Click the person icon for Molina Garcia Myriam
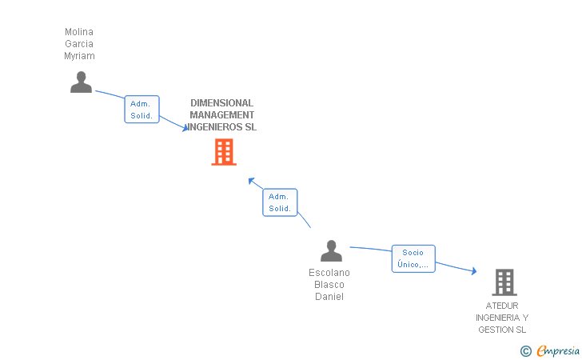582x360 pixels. coord(81,82)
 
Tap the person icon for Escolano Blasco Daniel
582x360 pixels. coord(331,250)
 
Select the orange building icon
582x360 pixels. coord(224,152)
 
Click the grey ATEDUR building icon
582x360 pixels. coord(504,282)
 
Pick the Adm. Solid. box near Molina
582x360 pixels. coord(142,110)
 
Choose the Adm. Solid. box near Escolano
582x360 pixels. coord(280,202)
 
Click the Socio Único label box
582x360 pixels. coord(413,258)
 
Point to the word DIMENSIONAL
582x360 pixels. coord(221,103)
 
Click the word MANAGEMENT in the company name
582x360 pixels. coord(221,115)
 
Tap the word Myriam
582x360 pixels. coord(79,56)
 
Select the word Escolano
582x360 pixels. coord(329,273)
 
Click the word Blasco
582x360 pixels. coord(329,285)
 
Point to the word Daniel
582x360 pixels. coord(329,297)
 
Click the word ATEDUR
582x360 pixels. coord(502,306)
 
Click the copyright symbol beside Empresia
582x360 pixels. coord(525,350)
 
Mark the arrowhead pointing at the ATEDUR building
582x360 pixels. coord(473,272)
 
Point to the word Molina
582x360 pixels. coord(79,32)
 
